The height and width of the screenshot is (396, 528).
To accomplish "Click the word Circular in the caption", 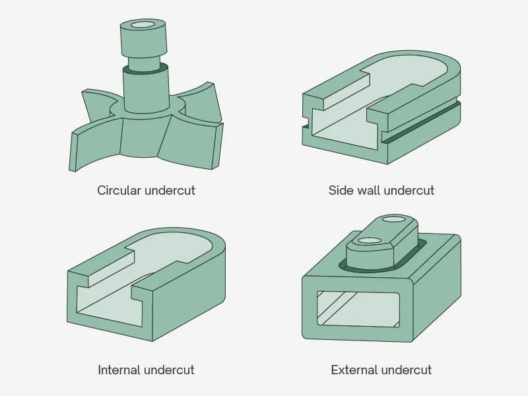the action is click(119, 190).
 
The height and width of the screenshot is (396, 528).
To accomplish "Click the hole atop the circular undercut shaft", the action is click(142, 25).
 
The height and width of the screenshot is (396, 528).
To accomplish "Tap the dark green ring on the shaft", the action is click(145, 69).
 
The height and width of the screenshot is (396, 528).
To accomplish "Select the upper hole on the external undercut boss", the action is click(394, 220).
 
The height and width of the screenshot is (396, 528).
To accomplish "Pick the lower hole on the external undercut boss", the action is click(369, 241).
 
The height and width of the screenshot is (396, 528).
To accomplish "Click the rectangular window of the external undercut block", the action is click(358, 309).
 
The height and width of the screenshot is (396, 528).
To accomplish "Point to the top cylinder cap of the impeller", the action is click(143, 38).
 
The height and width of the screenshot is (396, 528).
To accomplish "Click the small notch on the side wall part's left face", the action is click(306, 122).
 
